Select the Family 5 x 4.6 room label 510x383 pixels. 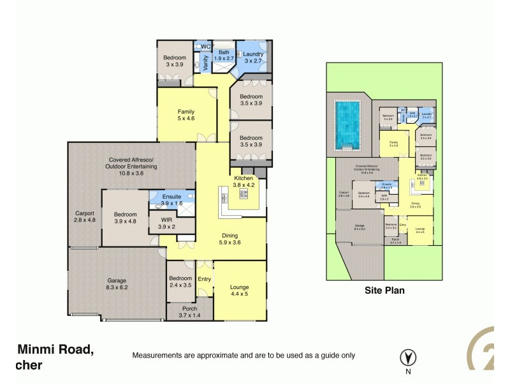(186, 115)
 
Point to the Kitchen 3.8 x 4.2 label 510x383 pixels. (245, 181)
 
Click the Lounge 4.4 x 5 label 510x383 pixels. (240, 291)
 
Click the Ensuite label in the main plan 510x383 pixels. (171, 199)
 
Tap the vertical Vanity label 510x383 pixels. (205, 62)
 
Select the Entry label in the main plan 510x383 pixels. (204, 279)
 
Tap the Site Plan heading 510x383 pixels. (384, 289)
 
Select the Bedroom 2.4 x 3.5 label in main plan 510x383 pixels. (180, 282)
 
